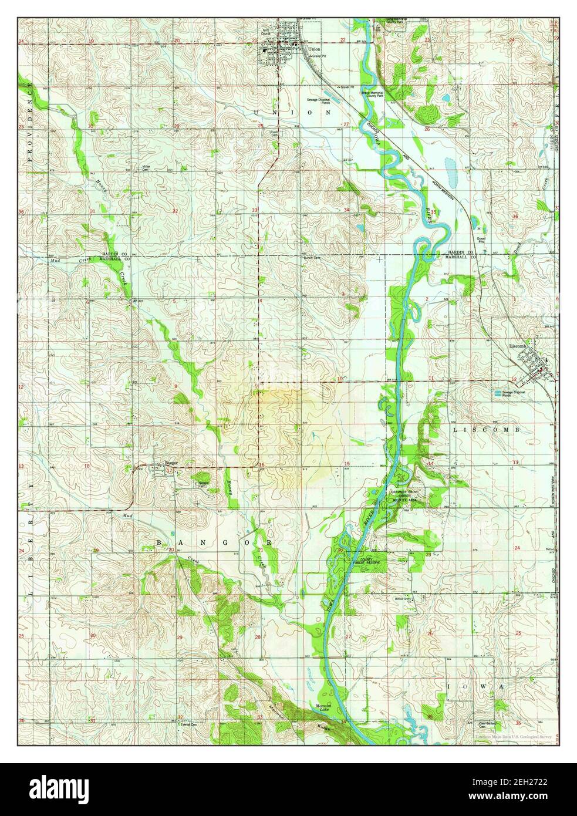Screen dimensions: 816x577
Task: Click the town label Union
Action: [x=313, y=49]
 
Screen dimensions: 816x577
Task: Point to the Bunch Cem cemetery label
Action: [x=310, y=257]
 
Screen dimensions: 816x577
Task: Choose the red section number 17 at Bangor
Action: [x=170, y=470]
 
